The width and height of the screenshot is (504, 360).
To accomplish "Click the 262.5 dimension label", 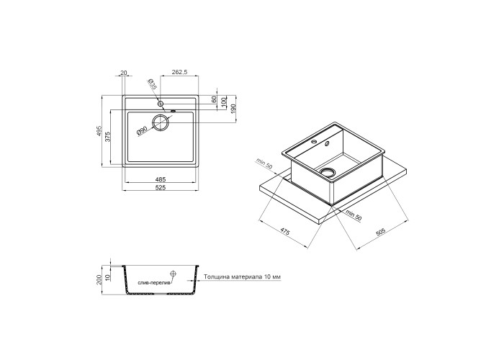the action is [179, 72].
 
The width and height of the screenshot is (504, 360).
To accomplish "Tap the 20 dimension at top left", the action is [123, 73].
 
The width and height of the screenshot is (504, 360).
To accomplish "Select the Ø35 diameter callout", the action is [153, 84].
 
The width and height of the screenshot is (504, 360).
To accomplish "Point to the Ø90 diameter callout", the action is [142, 130].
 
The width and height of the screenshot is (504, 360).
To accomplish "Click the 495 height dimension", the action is [99, 131].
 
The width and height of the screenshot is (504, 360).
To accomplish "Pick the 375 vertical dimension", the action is [108, 136].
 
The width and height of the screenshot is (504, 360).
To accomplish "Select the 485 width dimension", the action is [160, 180].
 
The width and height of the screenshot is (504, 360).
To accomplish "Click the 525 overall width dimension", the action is [160, 188].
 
